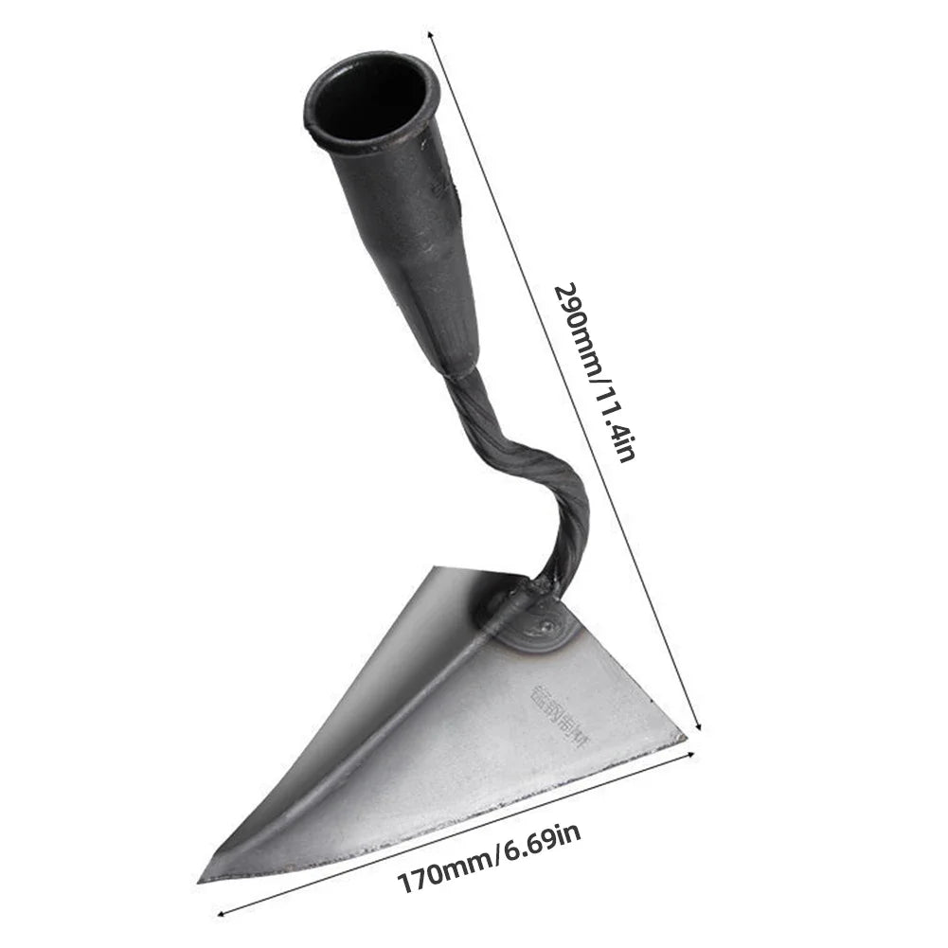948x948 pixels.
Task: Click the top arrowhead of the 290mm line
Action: click(433, 35)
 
